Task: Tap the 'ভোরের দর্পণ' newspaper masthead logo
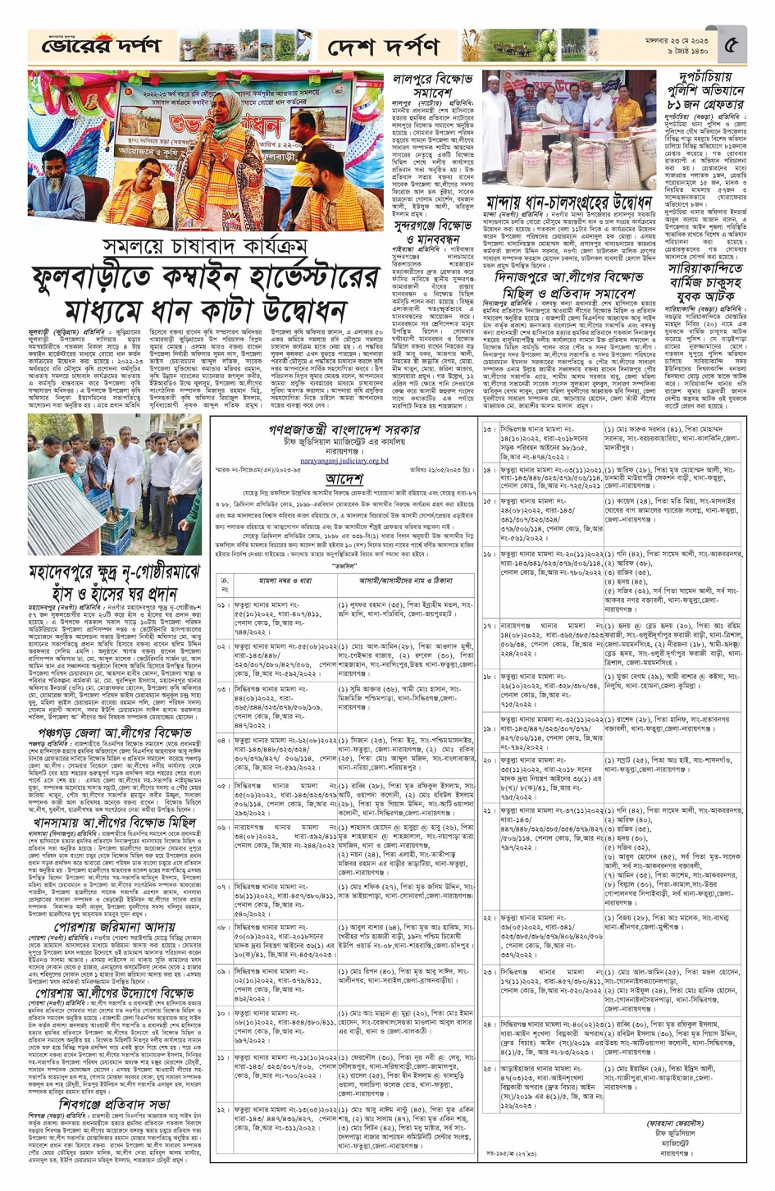click(x=102, y=47)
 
